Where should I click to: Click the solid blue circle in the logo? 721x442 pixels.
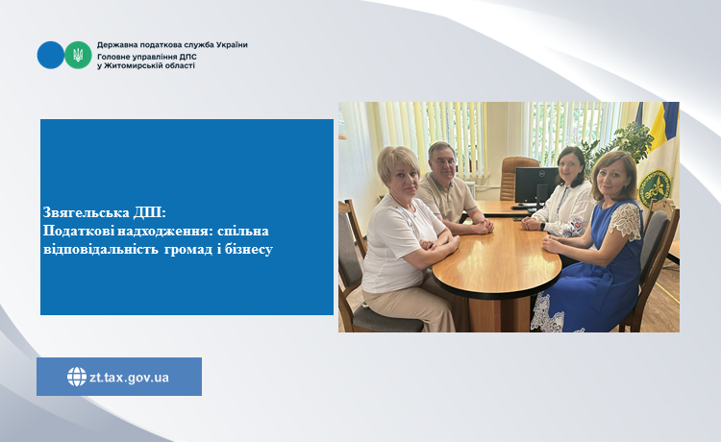click(51, 55)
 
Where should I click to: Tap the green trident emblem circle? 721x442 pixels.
click(78, 55)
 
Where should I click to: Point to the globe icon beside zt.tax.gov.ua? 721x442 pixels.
click(76, 377)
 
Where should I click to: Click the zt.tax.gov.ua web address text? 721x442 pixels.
click(129, 378)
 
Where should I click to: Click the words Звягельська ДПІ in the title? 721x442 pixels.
click(105, 212)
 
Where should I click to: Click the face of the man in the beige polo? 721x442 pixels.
click(442, 160)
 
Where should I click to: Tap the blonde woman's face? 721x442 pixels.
click(404, 181)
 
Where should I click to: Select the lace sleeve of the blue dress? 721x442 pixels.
click(625, 221)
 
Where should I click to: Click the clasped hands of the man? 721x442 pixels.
click(482, 227)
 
